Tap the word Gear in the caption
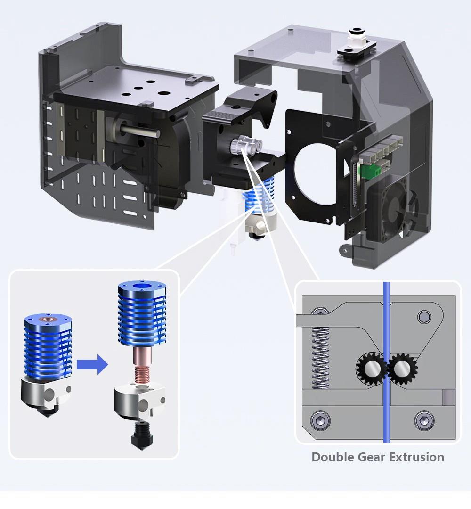371,457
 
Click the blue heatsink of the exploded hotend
141,314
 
